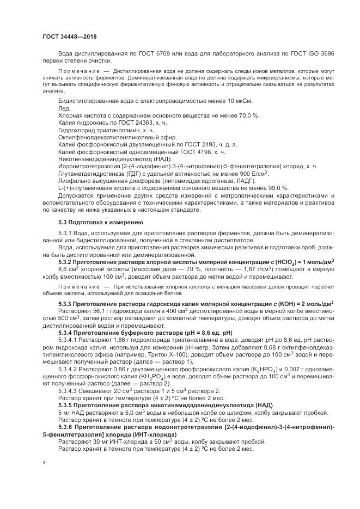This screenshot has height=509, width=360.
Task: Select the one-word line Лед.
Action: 64,108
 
